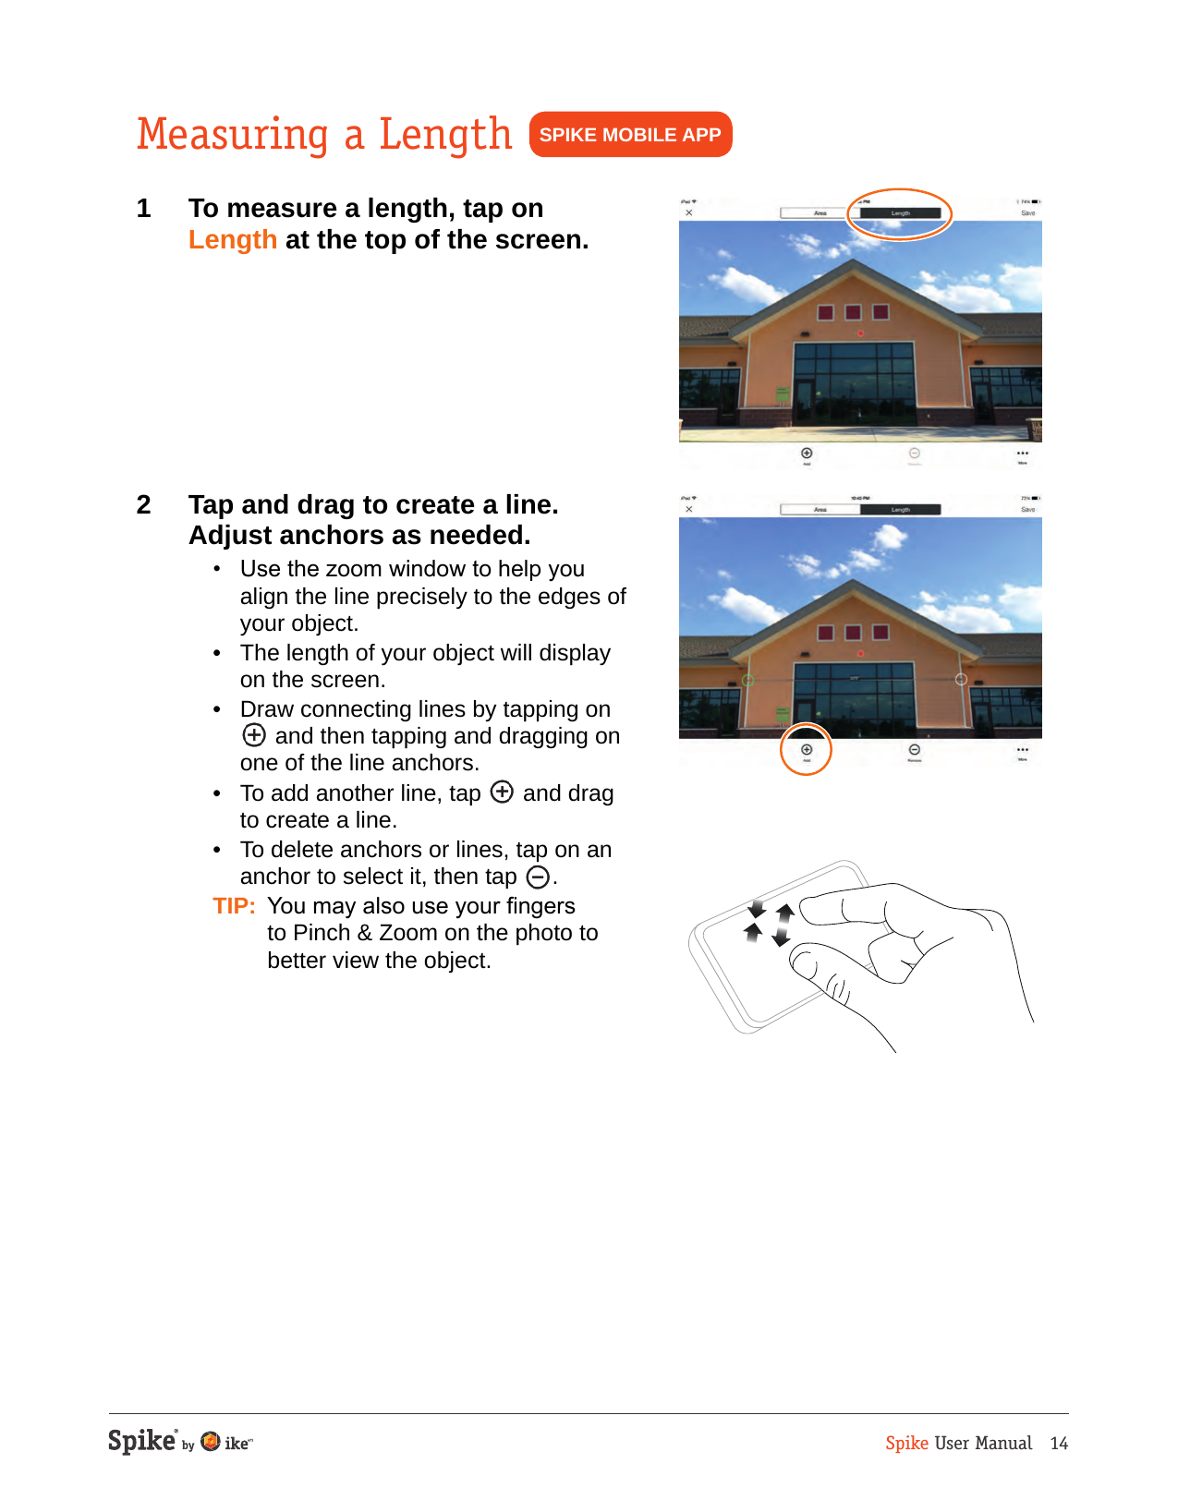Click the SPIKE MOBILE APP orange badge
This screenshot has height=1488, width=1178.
[630, 135]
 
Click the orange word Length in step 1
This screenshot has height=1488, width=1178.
[233, 240]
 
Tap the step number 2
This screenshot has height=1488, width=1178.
[143, 504]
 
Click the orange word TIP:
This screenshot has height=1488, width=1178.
[234, 906]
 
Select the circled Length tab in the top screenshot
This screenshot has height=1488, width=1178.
[900, 213]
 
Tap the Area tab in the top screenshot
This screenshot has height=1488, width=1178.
[820, 213]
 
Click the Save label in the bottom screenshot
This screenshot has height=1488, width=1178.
[1027, 510]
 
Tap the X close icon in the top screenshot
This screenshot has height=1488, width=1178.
[689, 213]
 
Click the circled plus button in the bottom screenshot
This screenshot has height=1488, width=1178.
[807, 750]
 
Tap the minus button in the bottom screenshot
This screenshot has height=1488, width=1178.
[914, 750]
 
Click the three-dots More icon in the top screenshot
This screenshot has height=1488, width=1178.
[1022, 454]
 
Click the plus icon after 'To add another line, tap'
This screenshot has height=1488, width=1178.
[502, 792]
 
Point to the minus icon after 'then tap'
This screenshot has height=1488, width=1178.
[538, 877]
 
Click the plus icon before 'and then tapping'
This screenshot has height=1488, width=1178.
[254, 735]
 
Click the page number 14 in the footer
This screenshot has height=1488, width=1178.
[1059, 1444]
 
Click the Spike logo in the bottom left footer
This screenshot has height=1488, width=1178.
[141, 1441]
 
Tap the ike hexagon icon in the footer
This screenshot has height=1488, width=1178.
[211, 1442]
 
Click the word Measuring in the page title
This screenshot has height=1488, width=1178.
[233, 135]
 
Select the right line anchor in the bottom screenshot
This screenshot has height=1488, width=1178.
[961, 680]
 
